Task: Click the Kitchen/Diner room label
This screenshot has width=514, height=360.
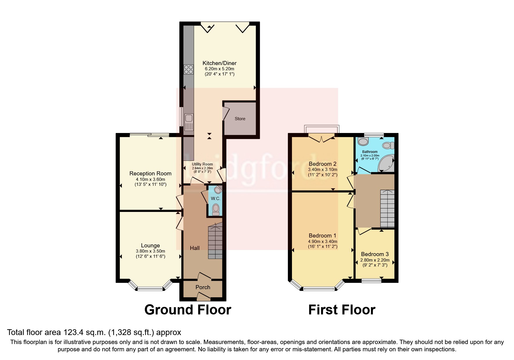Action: [x=219, y=63]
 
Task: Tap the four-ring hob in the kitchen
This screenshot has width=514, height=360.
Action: [x=189, y=69]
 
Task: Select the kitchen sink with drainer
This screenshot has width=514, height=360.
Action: [x=189, y=122]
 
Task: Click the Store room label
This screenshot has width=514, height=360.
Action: [x=240, y=118]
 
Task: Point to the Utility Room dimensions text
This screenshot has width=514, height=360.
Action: [x=202, y=168]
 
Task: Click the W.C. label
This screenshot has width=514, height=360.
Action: [x=215, y=199]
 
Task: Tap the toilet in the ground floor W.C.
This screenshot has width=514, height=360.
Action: [x=216, y=209]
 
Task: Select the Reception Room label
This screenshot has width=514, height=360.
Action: [x=150, y=173]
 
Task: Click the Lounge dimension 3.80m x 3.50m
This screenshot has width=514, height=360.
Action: [x=150, y=251]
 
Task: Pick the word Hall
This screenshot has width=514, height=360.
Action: [x=195, y=248]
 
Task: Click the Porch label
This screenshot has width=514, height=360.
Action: [x=203, y=287]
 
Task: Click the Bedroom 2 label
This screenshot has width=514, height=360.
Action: [x=322, y=163]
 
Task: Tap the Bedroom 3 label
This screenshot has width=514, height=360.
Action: [x=375, y=254]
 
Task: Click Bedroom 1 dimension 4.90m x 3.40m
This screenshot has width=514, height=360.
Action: [x=322, y=242]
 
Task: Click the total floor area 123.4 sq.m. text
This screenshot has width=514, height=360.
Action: [x=94, y=332]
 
